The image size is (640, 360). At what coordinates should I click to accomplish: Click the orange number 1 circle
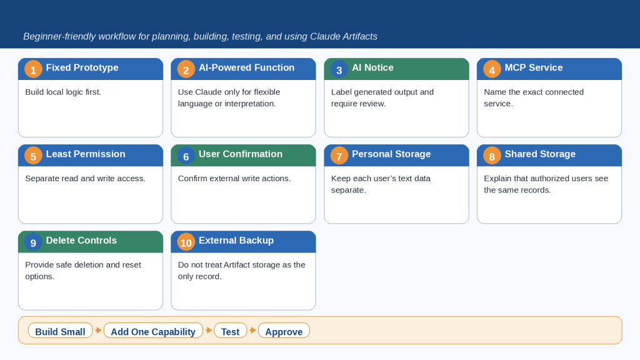coord(33,69)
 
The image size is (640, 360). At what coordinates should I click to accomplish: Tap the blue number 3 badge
coord(339,69)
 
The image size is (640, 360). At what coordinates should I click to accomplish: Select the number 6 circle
coord(186,156)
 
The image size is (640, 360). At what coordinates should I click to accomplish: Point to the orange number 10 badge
coord(186,242)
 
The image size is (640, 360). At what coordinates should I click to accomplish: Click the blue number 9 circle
coord(33,242)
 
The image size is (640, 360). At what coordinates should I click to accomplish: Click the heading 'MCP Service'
coord(534,67)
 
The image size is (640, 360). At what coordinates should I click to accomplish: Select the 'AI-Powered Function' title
coord(246,67)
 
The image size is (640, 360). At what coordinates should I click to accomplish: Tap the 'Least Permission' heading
coord(85,154)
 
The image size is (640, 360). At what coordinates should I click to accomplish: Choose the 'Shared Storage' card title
coord(540,154)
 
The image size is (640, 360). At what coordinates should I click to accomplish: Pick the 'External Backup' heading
coord(236,241)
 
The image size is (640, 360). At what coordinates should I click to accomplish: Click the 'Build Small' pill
coord(61,331)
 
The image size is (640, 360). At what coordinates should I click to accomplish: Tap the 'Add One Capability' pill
coord(153,331)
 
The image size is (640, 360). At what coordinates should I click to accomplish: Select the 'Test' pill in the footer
coord(230,331)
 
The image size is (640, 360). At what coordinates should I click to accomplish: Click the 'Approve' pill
coord(284,331)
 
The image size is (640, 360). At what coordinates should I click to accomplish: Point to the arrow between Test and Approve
coord(252,330)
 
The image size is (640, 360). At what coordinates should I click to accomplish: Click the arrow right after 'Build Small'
coord(98,330)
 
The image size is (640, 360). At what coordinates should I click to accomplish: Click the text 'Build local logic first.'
coord(63,92)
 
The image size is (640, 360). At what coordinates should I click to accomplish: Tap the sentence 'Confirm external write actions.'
coord(234,179)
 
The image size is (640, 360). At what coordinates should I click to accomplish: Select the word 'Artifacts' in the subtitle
coord(360,37)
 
